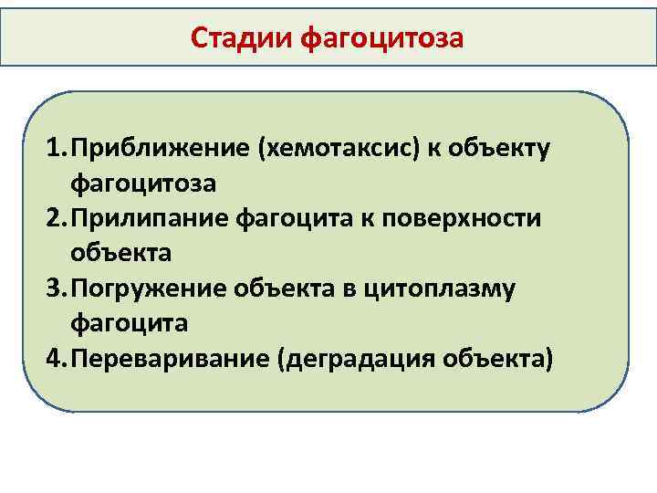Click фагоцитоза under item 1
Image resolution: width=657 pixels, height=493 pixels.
[143, 184]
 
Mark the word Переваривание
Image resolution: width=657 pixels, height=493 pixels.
[172, 358]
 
